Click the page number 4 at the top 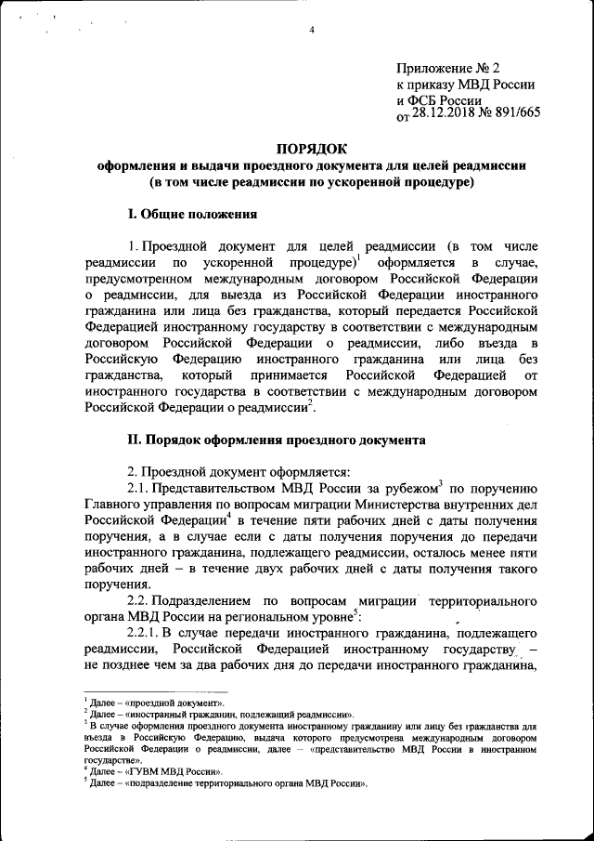[313, 31]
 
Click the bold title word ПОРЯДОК [313, 149]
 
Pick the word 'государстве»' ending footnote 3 [108, 759]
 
